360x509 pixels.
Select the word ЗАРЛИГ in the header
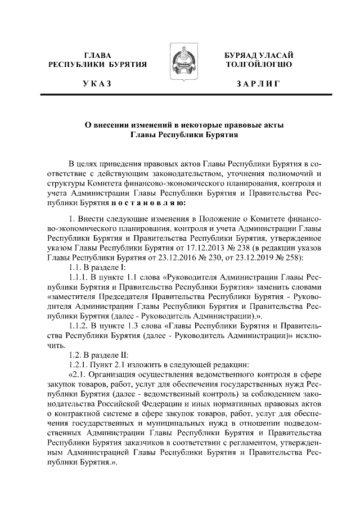(258, 84)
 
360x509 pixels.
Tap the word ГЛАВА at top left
(98, 55)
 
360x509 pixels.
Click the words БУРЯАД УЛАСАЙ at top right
(258, 55)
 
